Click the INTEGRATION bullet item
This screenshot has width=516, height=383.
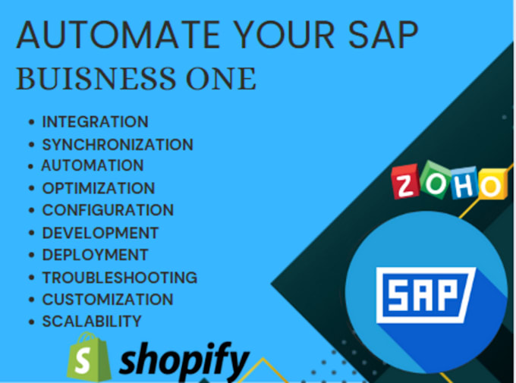point(95,121)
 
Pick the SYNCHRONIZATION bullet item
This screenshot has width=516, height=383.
point(117,144)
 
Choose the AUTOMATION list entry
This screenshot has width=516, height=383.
point(92,165)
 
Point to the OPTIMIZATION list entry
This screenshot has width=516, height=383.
point(98,188)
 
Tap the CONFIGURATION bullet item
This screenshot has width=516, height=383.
point(108,210)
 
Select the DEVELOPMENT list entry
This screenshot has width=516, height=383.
point(100,233)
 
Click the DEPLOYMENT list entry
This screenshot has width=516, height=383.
point(95,255)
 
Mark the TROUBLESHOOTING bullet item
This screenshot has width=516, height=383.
point(119,278)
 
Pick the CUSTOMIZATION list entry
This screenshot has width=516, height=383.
point(107,300)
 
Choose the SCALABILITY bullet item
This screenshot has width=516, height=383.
point(91,322)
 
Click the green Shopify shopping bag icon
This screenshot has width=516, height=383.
point(85,356)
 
